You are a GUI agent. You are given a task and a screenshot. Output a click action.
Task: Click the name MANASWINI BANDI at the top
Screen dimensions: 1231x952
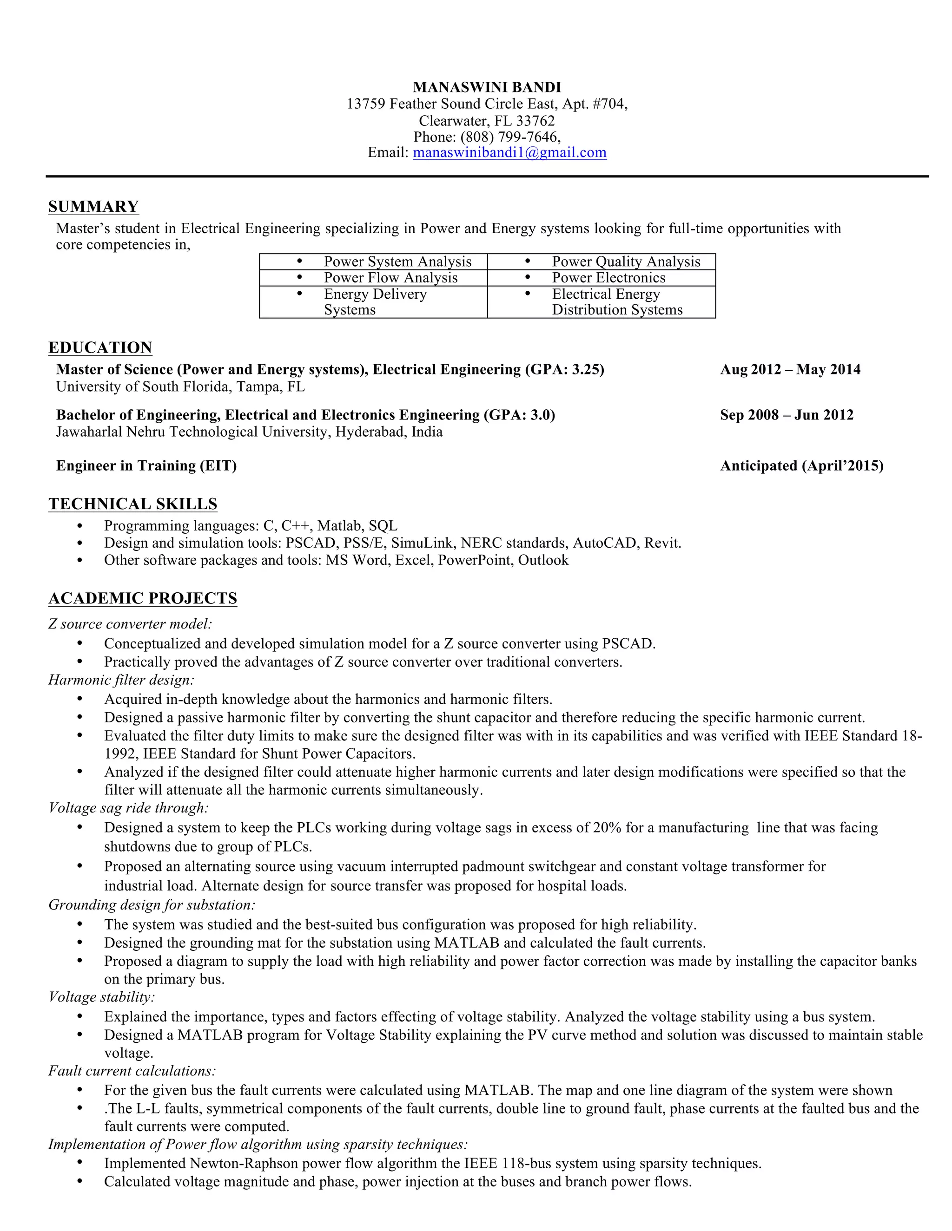487,87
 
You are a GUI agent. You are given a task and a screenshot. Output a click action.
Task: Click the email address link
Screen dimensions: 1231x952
509,153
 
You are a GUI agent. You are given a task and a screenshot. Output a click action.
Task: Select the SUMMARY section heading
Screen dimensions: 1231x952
93,206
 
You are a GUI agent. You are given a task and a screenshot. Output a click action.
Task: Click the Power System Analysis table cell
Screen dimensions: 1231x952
397,262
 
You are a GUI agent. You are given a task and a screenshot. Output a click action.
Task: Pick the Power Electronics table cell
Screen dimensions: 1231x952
608,278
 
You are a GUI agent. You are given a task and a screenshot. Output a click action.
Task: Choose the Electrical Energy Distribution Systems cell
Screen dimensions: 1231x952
616,302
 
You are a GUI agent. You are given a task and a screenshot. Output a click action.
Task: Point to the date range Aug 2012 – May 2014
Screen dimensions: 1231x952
790,370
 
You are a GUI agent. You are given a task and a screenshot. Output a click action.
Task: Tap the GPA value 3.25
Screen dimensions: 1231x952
586,370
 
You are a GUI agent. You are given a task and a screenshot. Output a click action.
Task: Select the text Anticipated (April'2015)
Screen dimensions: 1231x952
801,465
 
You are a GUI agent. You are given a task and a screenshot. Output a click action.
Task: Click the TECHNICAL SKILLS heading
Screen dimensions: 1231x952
133,504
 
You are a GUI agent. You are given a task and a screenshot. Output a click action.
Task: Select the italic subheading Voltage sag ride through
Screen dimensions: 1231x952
129,808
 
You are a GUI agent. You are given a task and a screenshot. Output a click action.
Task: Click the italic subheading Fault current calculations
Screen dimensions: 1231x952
132,1071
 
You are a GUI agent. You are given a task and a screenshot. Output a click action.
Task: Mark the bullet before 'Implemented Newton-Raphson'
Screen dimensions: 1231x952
79,1163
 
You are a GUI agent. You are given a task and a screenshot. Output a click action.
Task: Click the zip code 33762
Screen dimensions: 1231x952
535,121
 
